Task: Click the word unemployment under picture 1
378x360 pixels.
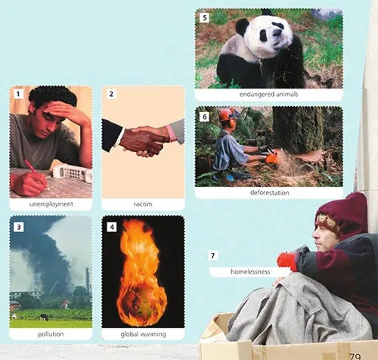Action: click(x=51, y=204)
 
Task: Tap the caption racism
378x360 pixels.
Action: click(x=143, y=204)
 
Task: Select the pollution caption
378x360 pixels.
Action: click(x=51, y=334)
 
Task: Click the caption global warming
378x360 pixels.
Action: click(x=143, y=334)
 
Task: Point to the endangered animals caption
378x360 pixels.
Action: click(x=268, y=95)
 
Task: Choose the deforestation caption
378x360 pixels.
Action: click(x=269, y=193)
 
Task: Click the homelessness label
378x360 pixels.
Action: click(x=250, y=272)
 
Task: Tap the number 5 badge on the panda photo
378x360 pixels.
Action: click(x=204, y=17)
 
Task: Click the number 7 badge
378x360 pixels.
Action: click(x=213, y=256)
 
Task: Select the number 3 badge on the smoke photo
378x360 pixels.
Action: click(x=19, y=227)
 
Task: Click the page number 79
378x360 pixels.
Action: click(x=355, y=356)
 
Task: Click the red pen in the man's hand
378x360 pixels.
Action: click(x=36, y=174)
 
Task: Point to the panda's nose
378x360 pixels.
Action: click(x=277, y=33)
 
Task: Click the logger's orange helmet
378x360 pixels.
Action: click(x=225, y=115)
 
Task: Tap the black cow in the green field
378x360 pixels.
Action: click(x=45, y=317)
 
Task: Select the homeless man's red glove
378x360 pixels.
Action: click(x=288, y=262)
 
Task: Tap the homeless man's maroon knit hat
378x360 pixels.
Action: click(x=343, y=213)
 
